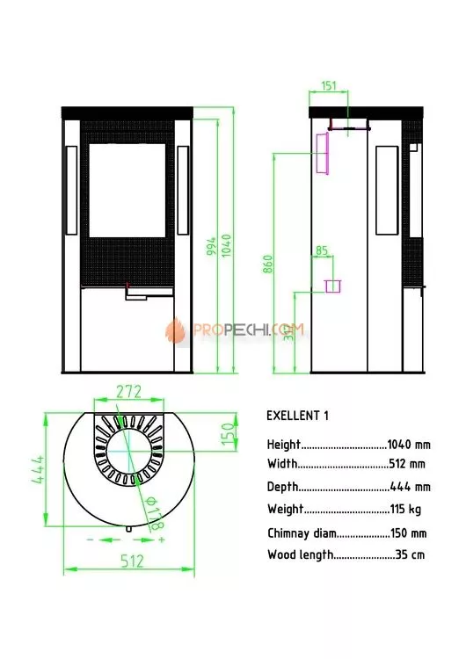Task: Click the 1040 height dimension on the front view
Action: click(226, 246)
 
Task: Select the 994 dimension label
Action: click(211, 246)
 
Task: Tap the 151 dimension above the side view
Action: click(329, 86)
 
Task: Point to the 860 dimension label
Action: click(268, 264)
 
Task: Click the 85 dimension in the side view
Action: click(322, 251)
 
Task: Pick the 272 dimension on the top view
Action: click(128, 392)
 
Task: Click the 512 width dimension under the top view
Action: click(132, 561)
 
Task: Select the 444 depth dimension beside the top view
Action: click(39, 469)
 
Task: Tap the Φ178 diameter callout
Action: click(154, 513)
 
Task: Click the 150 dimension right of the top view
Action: click(227, 434)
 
